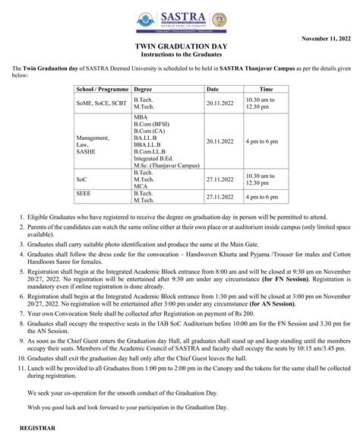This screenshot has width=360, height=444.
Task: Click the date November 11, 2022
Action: (327, 37)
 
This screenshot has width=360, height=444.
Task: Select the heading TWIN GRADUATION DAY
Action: (179, 47)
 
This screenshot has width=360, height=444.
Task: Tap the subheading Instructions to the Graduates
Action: (179, 56)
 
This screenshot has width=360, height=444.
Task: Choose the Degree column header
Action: (142, 90)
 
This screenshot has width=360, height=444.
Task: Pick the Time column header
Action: (267, 90)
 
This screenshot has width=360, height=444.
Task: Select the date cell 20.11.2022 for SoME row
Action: (222, 100)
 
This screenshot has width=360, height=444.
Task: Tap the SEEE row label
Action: (84, 195)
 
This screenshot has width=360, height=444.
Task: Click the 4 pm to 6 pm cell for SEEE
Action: (261, 196)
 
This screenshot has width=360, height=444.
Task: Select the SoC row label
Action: (81, 179)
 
